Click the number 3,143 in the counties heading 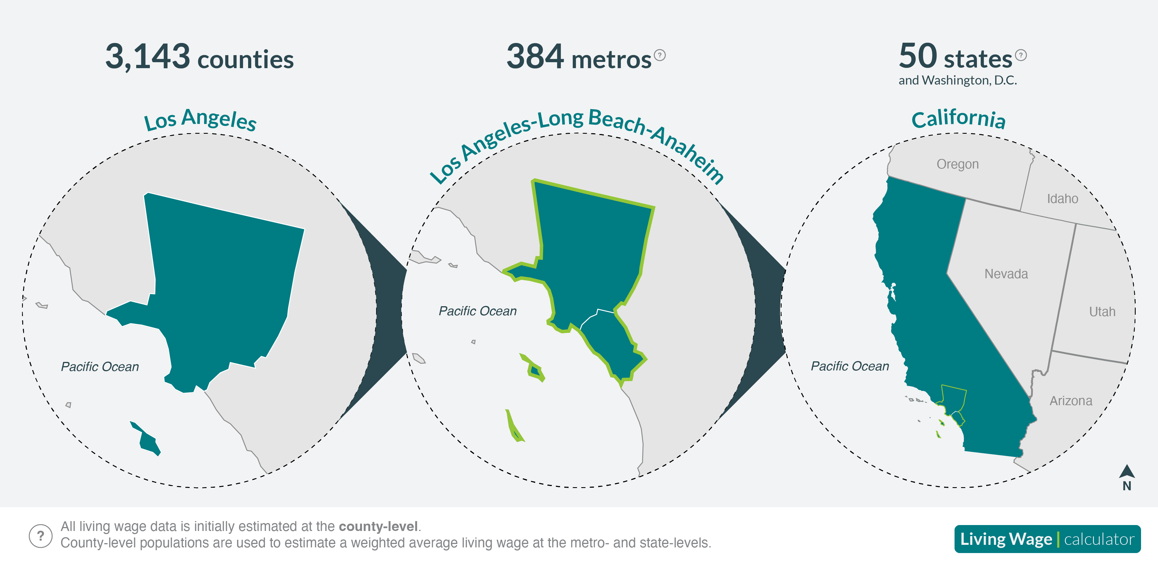(x=148, y=57)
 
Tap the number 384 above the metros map (x=535, y=56)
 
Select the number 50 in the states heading (x=918, y=56)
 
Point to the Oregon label (x=957, y=164)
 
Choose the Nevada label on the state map (x=1006, y=273)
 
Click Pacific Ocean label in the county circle (x=100, y=367)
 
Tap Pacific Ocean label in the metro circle (x=477, y=311)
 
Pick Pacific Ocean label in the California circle (x=850, y=366)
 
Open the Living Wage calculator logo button (x=1048, y=539)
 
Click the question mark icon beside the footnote (x=40, y=536)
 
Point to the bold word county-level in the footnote (x=378, y=526)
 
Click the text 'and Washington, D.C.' (x=957, y=80)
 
